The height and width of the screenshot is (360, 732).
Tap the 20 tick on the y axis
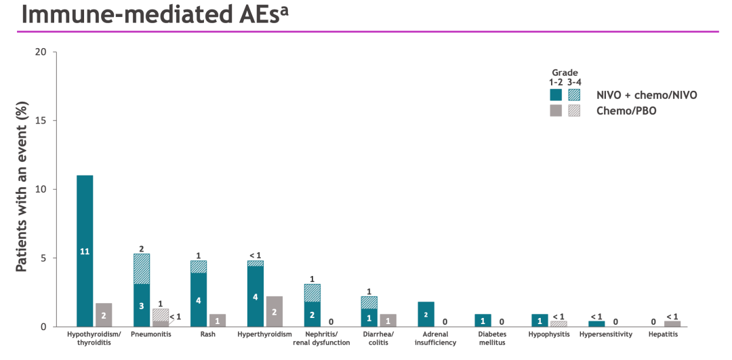[41, 52]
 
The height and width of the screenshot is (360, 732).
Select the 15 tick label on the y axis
[41, 121]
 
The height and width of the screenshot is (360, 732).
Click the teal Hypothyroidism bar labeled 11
[85, 251]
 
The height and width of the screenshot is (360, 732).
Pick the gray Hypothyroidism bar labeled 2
[104, 315]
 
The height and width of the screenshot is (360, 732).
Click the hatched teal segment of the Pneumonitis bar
[142, 268]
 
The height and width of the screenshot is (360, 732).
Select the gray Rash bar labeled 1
[218, 320]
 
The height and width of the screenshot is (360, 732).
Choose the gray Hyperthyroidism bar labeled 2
[274, 311]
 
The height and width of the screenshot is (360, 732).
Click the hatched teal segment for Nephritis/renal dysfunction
[312, 293]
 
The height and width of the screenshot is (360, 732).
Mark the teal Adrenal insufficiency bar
[426, 314]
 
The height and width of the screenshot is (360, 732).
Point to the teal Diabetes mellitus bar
[483, 320]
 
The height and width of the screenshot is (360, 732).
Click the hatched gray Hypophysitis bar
[558, 324]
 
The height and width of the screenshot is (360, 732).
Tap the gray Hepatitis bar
[672, 324]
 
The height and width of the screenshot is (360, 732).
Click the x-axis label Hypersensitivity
[606, 334]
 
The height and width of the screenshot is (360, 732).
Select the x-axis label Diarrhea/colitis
[378, 338]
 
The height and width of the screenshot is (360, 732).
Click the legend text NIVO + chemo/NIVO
[647, 95]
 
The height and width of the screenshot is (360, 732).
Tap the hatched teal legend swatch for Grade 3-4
[574, 95]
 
